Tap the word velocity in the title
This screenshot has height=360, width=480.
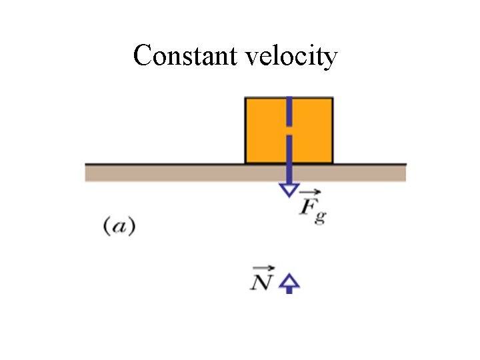(291, 57)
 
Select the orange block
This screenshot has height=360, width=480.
(267, 131)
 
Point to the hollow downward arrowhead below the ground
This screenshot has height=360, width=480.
(289, 189)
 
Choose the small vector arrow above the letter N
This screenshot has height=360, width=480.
(261, 269)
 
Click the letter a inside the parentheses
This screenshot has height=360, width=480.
(119, 227)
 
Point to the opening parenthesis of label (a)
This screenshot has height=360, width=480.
(107, 227)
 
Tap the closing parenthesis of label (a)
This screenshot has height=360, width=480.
(132, 227)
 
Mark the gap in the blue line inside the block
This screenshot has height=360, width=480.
(289, 130)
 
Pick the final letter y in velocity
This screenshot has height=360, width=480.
(331, 60)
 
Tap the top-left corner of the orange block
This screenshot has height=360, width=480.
(246, 99)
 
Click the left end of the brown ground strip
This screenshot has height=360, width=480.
(87, 173)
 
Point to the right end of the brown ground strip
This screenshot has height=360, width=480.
(404, 173)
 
